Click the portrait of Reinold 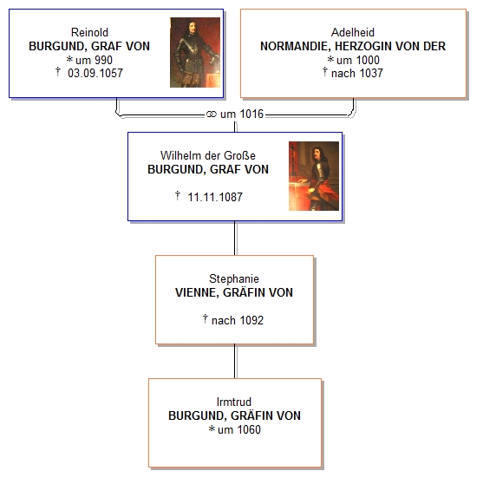[195, 52]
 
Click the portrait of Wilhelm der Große [314, 176]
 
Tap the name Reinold [89, 32]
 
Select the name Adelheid [353, 32]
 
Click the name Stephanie [234, 278]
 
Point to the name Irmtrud [234, 402]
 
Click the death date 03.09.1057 [95, 73]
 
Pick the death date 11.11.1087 [215, 197]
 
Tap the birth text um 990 [94, 60]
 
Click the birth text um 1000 [358, 60]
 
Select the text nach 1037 [357, 73]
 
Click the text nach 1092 [238, 320]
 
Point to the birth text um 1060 [239, 429]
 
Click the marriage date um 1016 [242, 114]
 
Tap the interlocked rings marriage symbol [212, 114]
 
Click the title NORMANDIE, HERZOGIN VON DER [353, 46]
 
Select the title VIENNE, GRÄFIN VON [234, 292]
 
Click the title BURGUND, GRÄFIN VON [234, 415]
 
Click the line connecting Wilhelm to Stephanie [235, 239]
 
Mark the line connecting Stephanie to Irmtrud [235, 362]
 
